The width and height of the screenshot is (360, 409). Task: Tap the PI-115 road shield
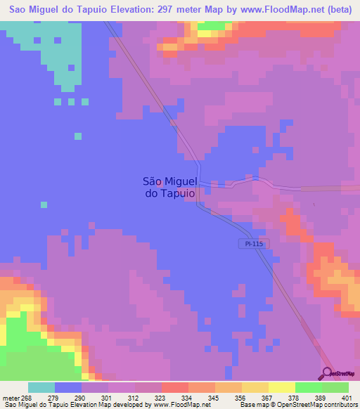(246, 243)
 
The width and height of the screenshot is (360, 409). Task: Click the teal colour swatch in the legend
(41, 388)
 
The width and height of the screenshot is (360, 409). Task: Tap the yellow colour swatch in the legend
(255, 388)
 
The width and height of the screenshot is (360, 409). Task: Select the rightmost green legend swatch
(335, 388)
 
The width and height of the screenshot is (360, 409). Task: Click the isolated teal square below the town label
(44, 204)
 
